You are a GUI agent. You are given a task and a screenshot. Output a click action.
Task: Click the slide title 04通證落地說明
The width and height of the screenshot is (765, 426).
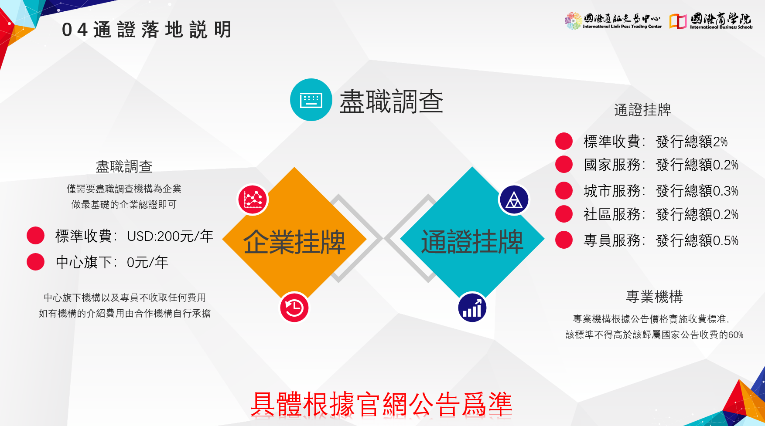click(x=147, y=30)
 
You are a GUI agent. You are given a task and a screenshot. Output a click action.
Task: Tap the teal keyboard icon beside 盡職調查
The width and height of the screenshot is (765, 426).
click(x=311, y=100)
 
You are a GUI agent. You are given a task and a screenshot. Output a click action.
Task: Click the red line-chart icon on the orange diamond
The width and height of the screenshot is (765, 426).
click(x=253, y=199)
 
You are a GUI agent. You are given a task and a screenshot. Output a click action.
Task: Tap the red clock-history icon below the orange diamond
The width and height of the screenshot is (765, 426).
click(x=294, y=308)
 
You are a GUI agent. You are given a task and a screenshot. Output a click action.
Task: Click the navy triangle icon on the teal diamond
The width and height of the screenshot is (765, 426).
click(x=514, y=200)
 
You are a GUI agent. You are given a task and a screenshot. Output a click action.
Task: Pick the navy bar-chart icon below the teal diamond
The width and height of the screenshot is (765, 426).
click(x=472, y=308)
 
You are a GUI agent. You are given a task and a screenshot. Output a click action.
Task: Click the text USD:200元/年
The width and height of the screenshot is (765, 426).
click(x=170, y=236)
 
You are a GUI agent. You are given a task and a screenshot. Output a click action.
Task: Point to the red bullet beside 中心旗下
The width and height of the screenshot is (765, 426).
click(x=35, y=262)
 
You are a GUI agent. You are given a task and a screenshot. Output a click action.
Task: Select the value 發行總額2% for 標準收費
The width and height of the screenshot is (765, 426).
click(x=692, y=142)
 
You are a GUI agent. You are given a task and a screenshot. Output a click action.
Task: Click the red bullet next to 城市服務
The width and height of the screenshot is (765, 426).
click(x=564, y=190)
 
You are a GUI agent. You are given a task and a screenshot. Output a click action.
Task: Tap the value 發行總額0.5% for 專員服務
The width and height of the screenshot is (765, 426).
click(x=697, y=240)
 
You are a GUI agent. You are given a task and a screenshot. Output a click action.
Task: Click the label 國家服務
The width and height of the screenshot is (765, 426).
click(x=612, y=165)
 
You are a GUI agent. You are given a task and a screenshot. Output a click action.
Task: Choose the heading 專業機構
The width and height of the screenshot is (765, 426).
click(x=654, y=297)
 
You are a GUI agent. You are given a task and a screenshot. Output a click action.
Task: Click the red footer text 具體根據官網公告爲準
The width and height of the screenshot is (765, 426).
click(x=381, y=405)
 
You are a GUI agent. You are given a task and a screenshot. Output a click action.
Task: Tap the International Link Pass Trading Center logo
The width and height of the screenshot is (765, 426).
click(x=613, y=21)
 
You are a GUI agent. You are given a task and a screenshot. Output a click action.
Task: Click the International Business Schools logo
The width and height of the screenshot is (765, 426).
click(x=711, y=21)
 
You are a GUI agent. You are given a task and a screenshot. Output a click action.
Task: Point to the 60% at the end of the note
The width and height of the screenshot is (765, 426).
click(x=736, y=335)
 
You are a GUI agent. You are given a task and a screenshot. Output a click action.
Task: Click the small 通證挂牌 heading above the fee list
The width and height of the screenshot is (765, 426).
click(x=642, y=110)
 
